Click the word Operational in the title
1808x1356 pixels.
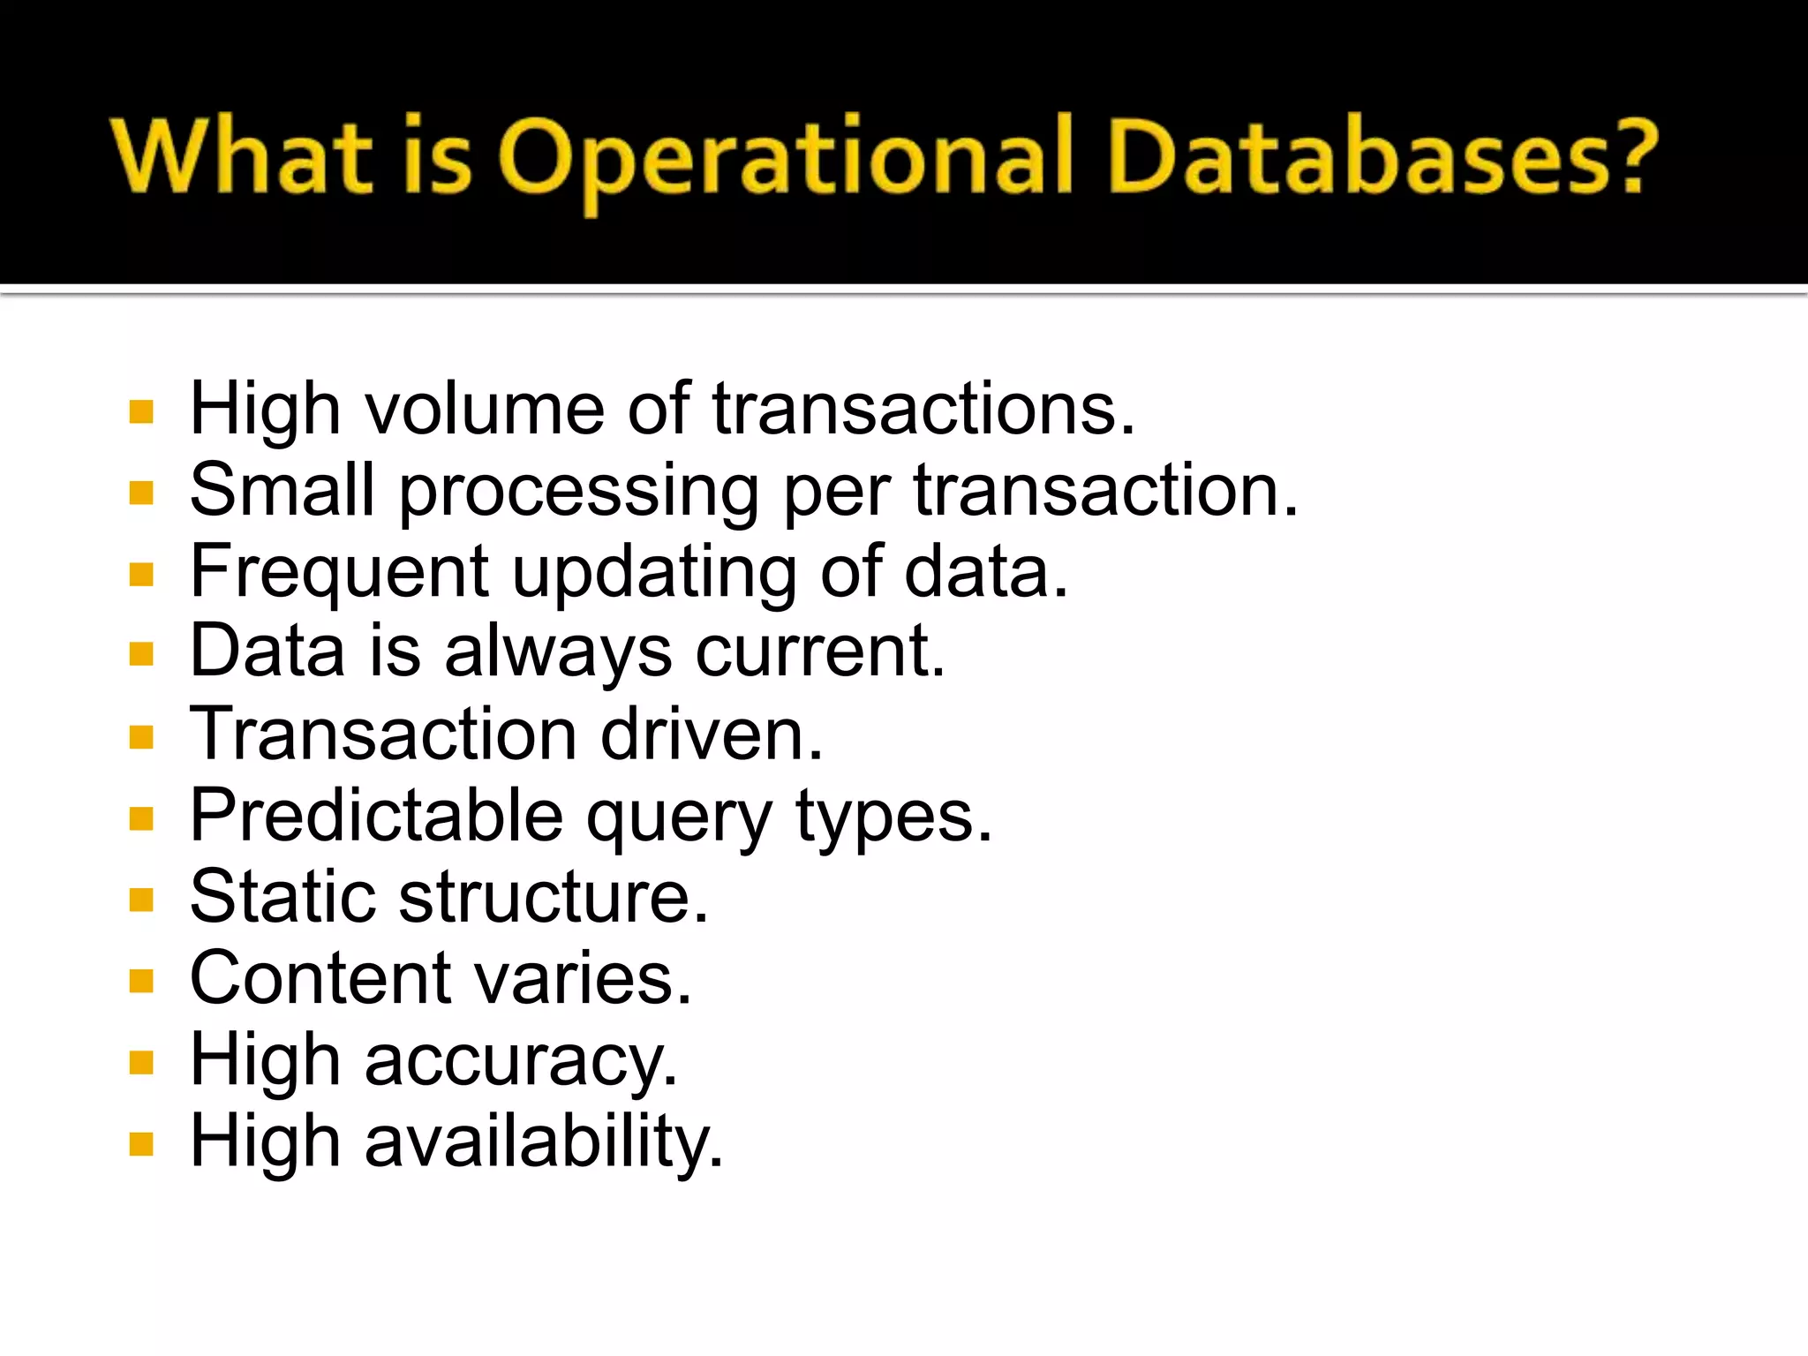786,159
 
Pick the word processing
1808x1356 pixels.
579,493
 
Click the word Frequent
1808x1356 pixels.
340,574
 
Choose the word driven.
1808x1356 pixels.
712,734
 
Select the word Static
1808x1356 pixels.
282,897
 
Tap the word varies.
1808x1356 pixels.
584,979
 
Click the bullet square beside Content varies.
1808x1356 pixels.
141,981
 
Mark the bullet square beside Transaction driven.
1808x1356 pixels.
141,736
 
